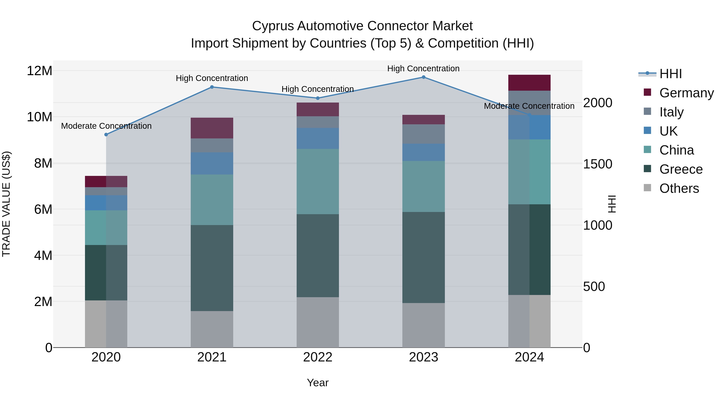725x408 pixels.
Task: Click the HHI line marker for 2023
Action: (423, 77)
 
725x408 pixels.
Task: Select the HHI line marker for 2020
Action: (106, 135)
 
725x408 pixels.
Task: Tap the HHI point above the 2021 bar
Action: (212, 87)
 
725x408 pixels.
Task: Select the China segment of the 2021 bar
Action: (212, 200)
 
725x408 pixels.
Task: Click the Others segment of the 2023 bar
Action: (423, 325)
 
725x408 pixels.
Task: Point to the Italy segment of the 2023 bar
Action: (423, 134)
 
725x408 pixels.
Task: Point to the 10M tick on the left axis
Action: (39, 117)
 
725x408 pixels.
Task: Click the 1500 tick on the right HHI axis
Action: (597, 164)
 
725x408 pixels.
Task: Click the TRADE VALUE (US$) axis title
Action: (6, 204)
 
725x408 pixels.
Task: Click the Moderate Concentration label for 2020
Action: (106, 126)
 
